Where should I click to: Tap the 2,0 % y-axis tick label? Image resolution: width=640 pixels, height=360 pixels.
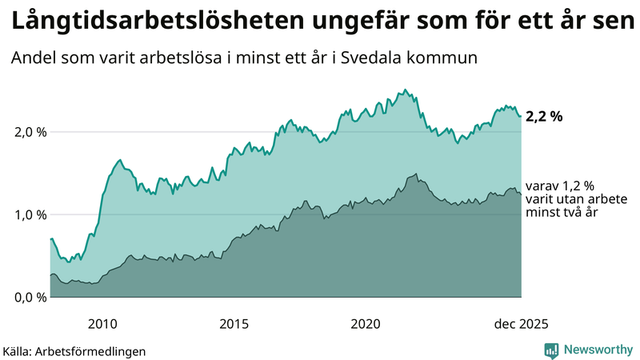[30, 132]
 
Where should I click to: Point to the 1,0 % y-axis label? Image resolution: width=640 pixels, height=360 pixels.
[30, 214]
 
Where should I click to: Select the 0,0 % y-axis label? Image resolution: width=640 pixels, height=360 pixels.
[30, 298]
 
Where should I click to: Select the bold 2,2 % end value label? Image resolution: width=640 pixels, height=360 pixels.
[544, 116]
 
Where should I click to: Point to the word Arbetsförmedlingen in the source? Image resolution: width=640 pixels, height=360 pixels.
[95, 350]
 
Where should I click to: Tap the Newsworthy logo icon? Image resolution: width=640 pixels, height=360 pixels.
[551, 350]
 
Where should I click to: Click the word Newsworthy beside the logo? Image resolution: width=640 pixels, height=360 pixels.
[597, 350]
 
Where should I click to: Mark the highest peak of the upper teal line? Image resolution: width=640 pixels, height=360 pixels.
[405, 90]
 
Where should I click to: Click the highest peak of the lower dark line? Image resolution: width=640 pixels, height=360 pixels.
[416, 174]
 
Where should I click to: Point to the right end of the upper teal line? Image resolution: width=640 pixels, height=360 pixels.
[521, 117]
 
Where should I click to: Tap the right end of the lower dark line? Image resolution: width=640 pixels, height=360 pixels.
[521, 194]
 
